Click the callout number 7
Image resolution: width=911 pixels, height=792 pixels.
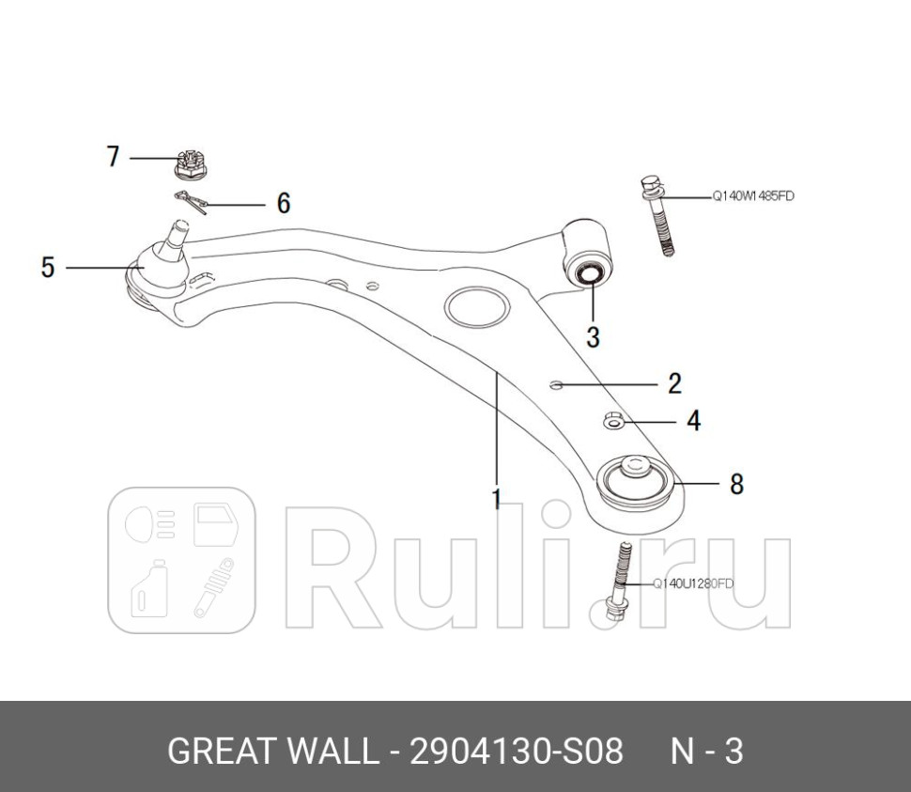pos(113,157)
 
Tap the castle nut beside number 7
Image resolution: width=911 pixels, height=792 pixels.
pos(191,165)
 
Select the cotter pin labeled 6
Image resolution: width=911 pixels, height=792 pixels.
pos(191,202)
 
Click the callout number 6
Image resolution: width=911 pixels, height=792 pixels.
pos(284,203)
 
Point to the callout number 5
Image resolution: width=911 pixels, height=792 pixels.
pos(48,268)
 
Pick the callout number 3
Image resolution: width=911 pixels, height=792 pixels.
pos(593,336)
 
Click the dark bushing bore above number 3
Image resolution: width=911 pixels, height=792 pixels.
pos(589,273)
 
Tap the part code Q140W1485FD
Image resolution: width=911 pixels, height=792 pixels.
pos(753,196)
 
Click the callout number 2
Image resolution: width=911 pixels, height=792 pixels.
pos(674,383)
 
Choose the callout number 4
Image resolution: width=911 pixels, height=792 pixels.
pos(694,421)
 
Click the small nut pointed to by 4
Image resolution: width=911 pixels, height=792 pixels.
pos(613,420)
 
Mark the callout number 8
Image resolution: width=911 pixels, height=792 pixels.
pos(736,484)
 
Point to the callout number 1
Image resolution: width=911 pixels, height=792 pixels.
pos(496,499)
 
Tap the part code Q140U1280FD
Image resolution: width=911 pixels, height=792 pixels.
pos(693,583)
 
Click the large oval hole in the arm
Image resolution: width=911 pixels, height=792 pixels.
pos(477,306)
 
